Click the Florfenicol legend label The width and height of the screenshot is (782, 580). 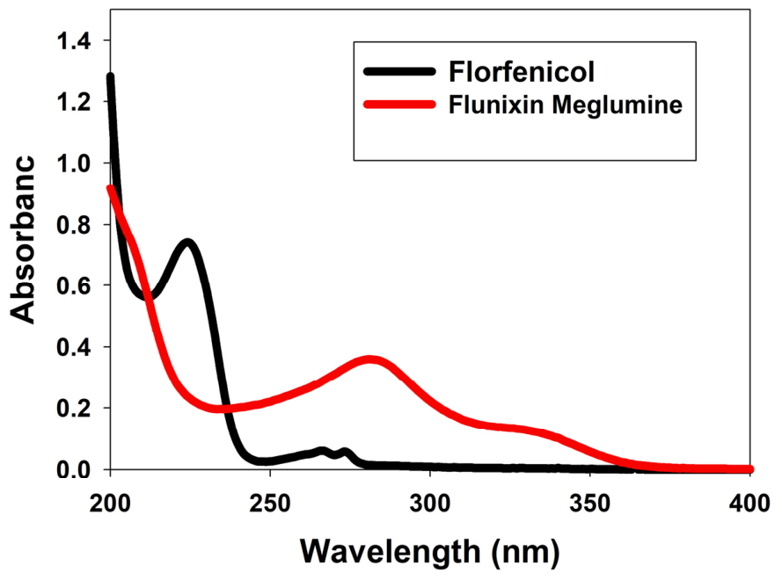coord(521,72)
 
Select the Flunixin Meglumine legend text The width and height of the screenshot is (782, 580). coord(565,105)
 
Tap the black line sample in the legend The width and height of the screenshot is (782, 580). coord(399,71)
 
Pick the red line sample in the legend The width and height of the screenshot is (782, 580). coord(399,105)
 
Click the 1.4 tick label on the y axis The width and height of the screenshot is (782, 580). coord(74,40)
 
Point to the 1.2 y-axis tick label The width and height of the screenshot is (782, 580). coord(74,102)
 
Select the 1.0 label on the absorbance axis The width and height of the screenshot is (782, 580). coord(74,163)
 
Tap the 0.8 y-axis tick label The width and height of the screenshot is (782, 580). coord(74,225)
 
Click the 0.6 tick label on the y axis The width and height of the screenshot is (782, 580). coord(74,286)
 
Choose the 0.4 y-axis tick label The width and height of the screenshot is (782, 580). coord(74,347)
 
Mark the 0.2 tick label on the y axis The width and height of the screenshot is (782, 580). coord(74,408)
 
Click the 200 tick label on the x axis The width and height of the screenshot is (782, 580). coord(110,504)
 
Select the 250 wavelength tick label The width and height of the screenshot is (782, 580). coord(270,504)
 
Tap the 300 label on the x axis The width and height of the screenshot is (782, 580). coord(430,504)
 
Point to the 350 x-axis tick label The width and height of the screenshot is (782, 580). coord(590,504)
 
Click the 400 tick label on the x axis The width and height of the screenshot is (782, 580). coord(749,504)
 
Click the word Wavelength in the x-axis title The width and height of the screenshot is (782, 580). coord(391,552)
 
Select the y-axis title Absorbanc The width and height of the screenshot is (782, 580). coord(23,240)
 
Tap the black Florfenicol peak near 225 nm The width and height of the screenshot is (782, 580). coord(187,243)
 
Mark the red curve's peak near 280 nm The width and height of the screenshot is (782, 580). coord(370,359)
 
